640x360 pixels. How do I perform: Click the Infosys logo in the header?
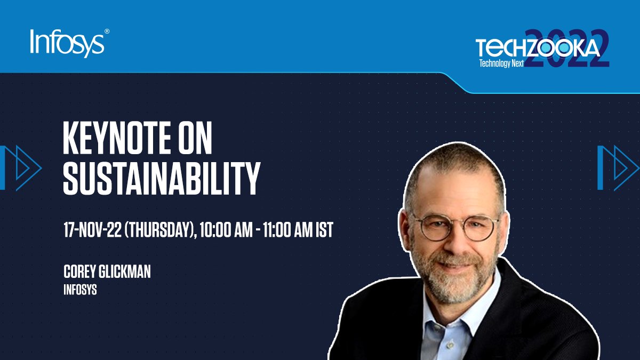click(x=67, y=43)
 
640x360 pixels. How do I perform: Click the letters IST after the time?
click(x=324, y=230)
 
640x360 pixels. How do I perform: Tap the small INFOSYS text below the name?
click(x=80, y=291)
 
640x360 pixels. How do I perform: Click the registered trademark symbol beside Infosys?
click(x=107, y=32)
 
